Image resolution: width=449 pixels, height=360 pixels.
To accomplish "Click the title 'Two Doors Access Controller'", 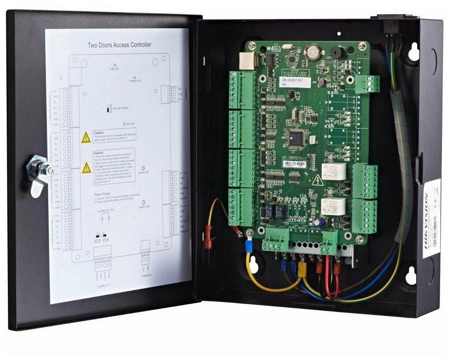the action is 119,44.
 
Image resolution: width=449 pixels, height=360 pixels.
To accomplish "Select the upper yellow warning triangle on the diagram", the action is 86,138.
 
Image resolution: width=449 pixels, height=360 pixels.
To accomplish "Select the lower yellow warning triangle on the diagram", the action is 87,168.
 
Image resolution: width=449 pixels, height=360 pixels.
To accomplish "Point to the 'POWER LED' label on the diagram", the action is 135,81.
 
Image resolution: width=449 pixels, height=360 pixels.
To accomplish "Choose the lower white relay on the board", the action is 333,206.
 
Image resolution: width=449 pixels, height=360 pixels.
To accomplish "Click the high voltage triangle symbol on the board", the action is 317,180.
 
